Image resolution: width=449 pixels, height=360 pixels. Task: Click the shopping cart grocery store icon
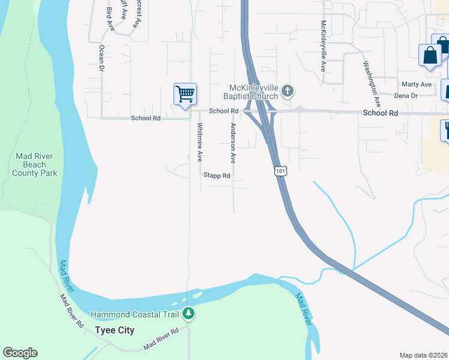click(x=185, y=94)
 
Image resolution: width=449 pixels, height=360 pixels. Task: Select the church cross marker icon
click(x=288, y=91)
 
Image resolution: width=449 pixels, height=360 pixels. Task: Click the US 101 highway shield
click(x=280, y=171)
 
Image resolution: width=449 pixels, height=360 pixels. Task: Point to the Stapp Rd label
click(x=217, y=176)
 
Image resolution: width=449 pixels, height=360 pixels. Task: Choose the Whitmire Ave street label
click(x=200, y=142)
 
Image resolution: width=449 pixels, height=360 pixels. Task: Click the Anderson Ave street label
click(x=233, y=143)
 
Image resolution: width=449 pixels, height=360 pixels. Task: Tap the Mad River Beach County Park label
click(x=35, y=164)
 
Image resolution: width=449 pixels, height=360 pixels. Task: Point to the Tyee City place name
click(x=115, y=331)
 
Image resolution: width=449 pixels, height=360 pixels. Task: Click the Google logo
click(x=20, y=353)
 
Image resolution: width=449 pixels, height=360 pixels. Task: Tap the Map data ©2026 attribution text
click(x=423, y=355)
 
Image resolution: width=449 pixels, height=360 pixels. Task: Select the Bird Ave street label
click(x=109, y=19)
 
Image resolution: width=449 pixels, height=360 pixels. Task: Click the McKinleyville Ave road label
click(x=323, y=46)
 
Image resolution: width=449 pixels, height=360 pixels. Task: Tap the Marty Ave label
click(x=417, y=85)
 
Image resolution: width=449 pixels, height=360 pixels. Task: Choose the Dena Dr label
click(x=406, y=95)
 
